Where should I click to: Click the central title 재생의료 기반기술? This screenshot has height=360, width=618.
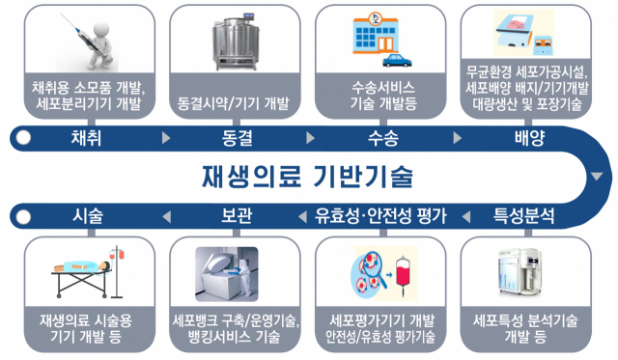[x=307, y=178]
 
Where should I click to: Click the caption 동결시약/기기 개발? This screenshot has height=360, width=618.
[x=235, y=101]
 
